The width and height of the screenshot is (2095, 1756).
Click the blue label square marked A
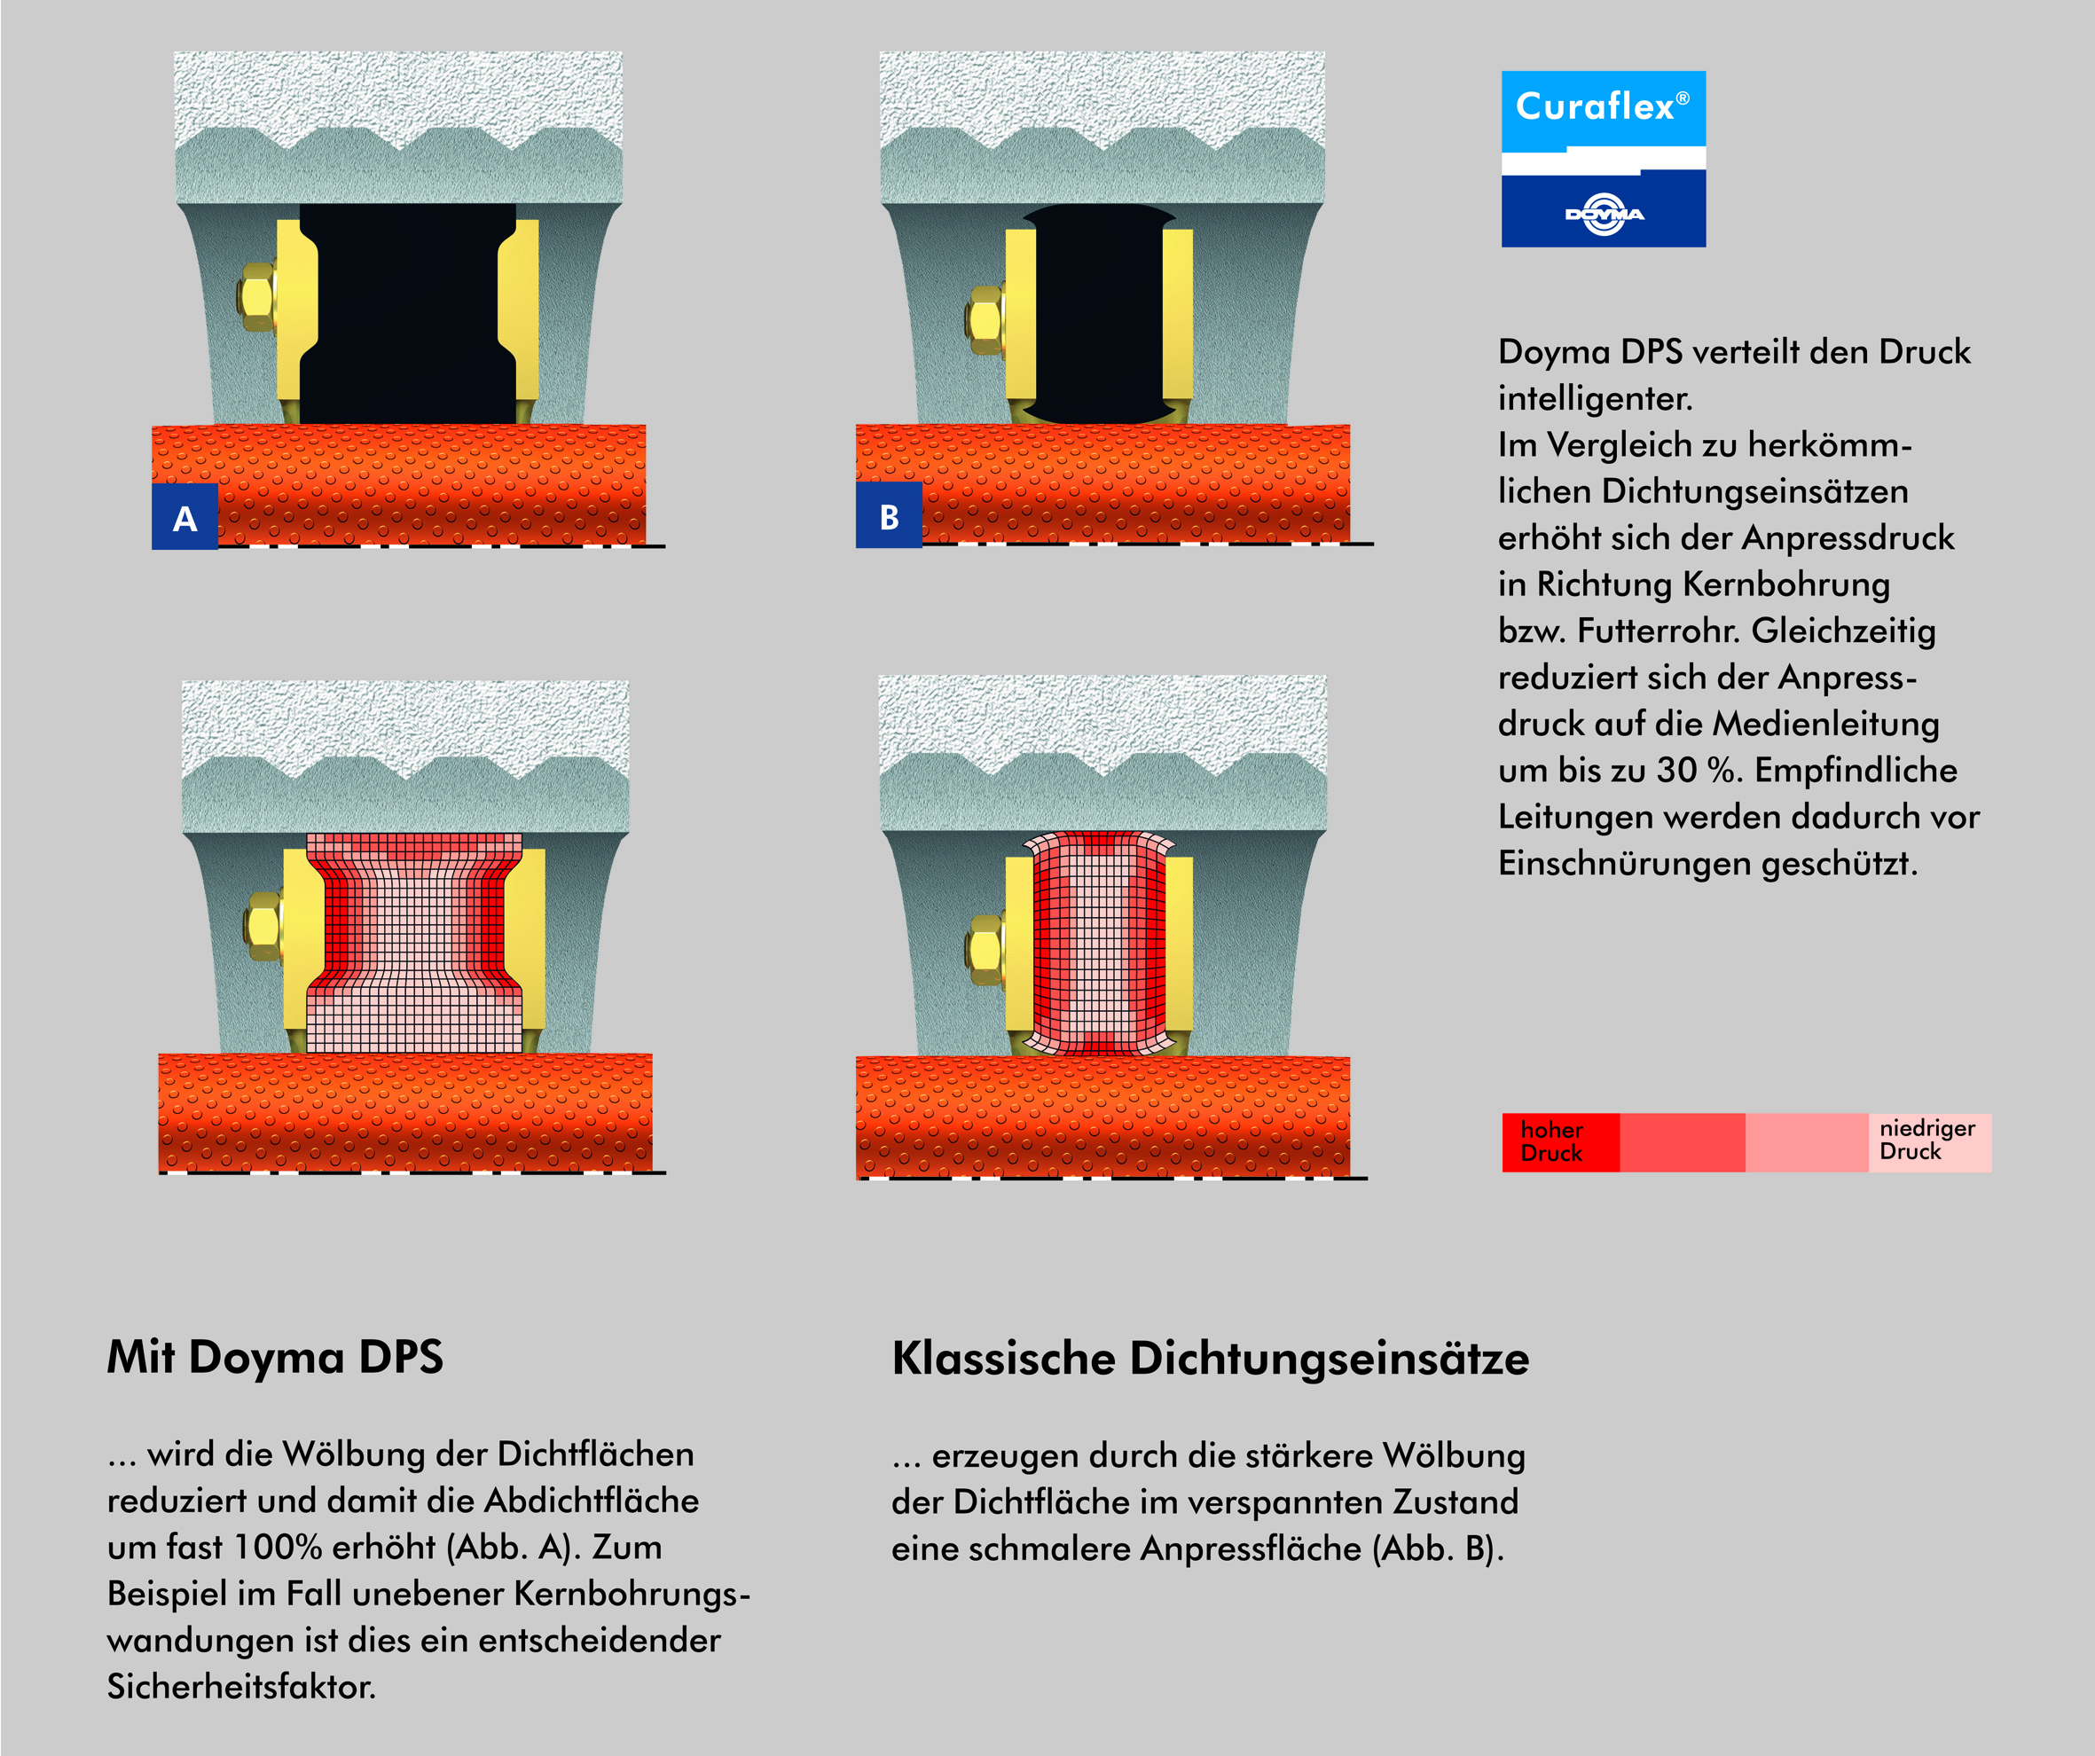point(184,517)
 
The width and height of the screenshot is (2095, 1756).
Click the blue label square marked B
point(889,516)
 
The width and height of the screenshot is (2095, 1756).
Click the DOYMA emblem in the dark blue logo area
point(1605,214)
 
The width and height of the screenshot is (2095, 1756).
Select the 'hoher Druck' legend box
point(1559,1142)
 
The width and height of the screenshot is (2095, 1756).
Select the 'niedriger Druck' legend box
point(1928,1141)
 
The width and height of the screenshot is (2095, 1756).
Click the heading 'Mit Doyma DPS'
point(275,1358)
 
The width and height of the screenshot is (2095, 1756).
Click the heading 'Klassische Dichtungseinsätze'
point(1210,1359)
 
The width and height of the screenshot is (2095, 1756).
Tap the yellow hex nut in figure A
point(257,297)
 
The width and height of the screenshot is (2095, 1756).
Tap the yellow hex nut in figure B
point(985,319)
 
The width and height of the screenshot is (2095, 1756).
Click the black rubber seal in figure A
point(407,314)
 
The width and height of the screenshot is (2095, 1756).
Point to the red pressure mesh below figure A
point(414,943)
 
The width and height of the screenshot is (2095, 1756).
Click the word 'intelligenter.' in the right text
point(1594,399)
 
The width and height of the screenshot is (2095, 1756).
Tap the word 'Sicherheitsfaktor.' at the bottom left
point(241,1687)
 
